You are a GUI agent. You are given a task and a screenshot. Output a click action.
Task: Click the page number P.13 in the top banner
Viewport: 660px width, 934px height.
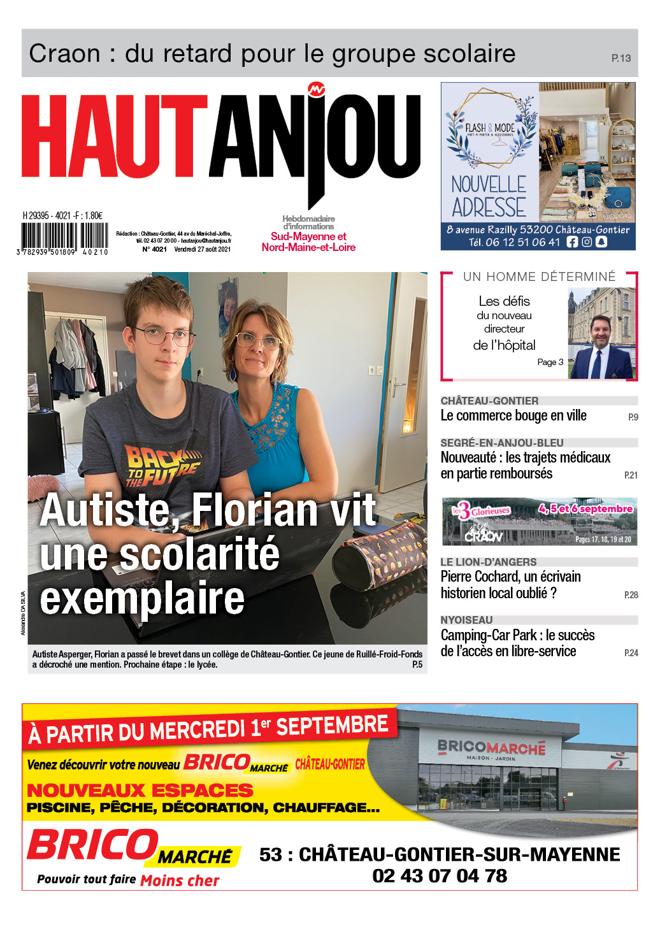[x=621, y=58]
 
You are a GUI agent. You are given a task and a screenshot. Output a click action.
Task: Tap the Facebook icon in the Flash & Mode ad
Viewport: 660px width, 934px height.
[x=571, y=242]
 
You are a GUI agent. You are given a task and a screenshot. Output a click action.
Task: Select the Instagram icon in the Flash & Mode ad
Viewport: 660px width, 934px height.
[x=587, y=242]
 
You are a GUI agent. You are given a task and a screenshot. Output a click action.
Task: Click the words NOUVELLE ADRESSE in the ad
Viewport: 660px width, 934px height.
[x=489, y=196]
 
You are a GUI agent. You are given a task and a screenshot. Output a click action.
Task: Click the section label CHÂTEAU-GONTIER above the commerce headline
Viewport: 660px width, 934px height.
[x=489, y=401]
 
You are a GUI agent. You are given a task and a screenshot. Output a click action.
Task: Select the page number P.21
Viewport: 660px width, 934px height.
[x=630, y=475]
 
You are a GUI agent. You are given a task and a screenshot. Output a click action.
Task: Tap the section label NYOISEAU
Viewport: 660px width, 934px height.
[x=466, y=620]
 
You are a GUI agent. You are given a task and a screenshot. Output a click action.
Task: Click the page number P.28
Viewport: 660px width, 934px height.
[x=630, y=595]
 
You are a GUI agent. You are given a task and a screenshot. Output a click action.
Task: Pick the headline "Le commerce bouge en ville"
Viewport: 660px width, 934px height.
[x=513, y=416]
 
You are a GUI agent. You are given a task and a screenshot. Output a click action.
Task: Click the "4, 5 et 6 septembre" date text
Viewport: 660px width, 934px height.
[x=585, y=508]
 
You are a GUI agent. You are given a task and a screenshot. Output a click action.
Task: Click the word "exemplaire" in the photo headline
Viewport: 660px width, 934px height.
[x=142, y=598]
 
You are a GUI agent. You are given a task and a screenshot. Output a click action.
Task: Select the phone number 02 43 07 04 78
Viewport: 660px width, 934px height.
[x=440, y=876]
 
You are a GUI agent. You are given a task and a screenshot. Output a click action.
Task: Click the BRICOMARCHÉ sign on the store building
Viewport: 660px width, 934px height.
[x=491, y=747]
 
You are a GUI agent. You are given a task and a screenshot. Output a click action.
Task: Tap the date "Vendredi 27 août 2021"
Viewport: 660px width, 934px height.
[x=203, y=249]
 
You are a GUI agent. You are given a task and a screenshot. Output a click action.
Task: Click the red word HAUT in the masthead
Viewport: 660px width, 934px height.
[x=115, y=137]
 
